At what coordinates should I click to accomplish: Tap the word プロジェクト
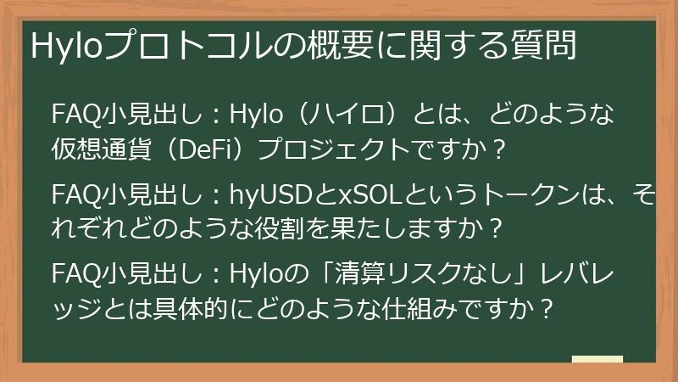coord(331,151)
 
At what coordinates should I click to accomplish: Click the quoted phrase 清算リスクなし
coord(379,275)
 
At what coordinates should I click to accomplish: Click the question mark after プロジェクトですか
coord(499,151)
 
